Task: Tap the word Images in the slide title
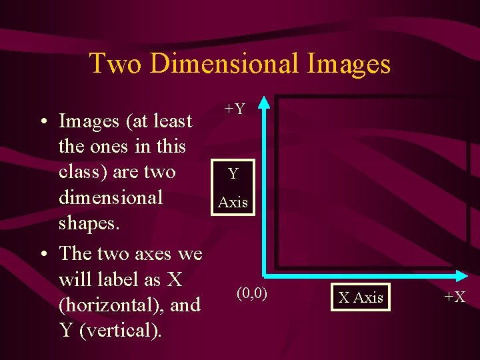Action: click(349, 63)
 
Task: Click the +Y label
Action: click(234, 108)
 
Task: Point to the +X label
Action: click(455, 297)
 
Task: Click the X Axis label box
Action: click(361, 297)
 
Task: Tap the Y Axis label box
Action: click(233, 188)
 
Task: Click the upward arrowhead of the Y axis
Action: click(265, 102)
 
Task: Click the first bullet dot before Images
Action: click(43, 122)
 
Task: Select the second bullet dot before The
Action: click(43, 254)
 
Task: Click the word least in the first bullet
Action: click(171, 121)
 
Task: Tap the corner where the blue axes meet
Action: click(265, 273)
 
